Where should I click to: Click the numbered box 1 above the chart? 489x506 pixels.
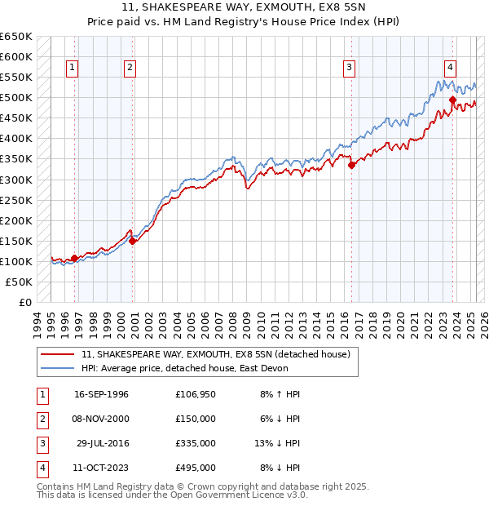click(73, 69)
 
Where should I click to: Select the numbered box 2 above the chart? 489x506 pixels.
click(130, 69)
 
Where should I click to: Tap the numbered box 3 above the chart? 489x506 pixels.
click(349, 69)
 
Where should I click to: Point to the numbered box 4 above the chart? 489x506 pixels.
click(450, 69)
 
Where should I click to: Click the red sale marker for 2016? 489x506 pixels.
click(352, 165)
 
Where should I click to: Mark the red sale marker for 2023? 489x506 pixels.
click(452, 100)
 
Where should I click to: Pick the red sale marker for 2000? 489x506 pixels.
click(132, 241)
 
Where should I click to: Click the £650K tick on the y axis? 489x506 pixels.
click(16, 37)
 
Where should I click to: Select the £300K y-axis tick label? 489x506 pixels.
click(16, 180)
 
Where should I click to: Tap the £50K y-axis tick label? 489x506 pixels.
click(20, 282)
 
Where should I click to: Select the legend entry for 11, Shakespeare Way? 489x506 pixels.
click(215, 354)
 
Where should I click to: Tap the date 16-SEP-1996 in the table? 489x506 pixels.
click(102, 394)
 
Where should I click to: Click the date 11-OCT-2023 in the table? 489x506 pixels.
click(102, 468)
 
